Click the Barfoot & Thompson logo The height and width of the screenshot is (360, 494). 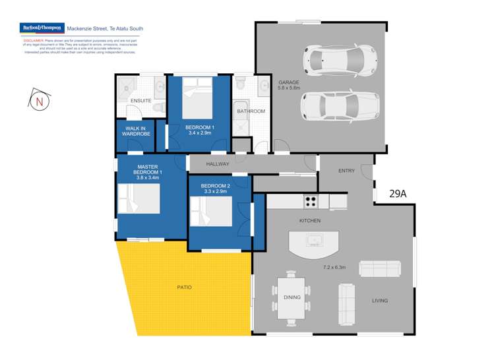[42, 29]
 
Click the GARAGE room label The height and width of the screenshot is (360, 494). [288, 82]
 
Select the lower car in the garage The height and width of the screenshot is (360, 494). [340, 105]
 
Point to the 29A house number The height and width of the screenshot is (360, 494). [398, 194]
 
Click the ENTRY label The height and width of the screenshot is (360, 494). [346, 171]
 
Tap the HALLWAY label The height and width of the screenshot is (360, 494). [217, 164]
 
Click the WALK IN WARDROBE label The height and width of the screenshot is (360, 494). [137, 131]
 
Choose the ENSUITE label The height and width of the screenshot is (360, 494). [140, 100]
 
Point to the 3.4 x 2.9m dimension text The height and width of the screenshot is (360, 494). [199, 133]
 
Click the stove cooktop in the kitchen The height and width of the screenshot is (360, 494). [311, 200]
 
